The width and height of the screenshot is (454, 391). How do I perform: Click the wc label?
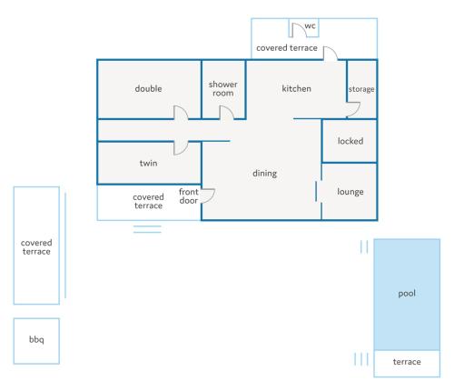[310, 25]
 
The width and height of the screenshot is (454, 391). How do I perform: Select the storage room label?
[361, 89]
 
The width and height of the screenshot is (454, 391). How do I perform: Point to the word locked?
[350, 141]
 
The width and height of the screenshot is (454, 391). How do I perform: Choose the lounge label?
[350, 192]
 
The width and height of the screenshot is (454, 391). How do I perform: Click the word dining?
[265, 174]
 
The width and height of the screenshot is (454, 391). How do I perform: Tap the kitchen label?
[296, 88]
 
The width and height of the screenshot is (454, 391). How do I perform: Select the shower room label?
[223, 88]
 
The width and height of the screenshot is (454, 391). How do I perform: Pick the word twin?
[148, 163]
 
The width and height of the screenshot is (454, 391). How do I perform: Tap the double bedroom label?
[148, 88]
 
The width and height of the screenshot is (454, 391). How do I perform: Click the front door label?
[189, 196]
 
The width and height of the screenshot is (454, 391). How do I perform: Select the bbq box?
[36, 341]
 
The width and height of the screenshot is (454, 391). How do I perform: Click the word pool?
[407, 294]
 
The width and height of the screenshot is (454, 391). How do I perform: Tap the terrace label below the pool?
[407, 362]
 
